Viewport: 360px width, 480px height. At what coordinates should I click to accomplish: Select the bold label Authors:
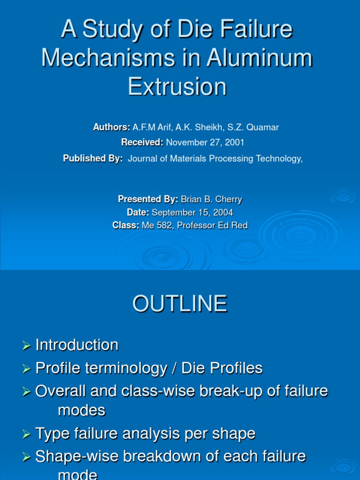pyautogui.click(x=112, y=127)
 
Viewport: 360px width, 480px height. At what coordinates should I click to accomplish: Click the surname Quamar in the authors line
pyautogui.click(x=263, y=127)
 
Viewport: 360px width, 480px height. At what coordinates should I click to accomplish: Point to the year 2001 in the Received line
pyautogui.click(x=234, y=142)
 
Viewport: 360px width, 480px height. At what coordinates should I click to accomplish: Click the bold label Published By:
pyautogui.click(x=93, y=159)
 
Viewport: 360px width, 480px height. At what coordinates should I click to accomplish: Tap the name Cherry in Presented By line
pyautogui.click(x=228, y=199)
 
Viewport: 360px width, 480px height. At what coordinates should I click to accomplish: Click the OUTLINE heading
pyautogui.click(x=180, y=304)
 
